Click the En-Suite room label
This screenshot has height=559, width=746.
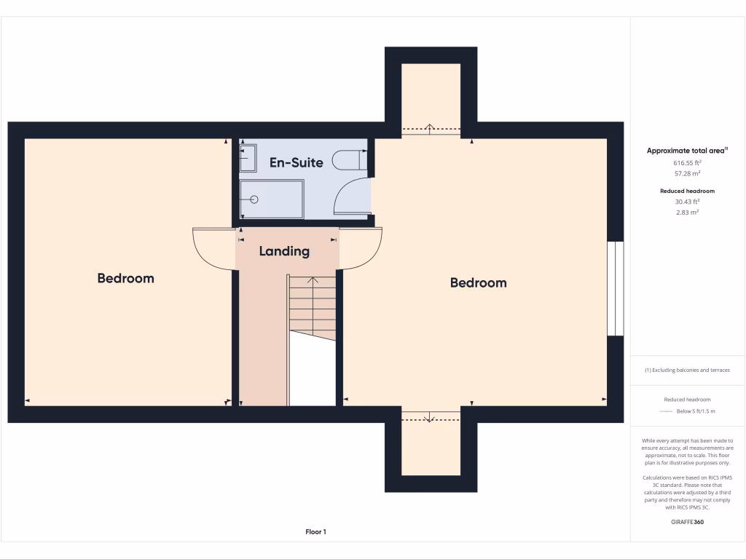coord(296,162)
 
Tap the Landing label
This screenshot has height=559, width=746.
coord(284,251)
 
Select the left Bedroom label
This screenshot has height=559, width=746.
coord(125,278)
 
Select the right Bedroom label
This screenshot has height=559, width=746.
coord(478,282)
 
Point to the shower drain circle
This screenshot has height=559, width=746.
coord(254,199)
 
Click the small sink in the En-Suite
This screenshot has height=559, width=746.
coord(248,156)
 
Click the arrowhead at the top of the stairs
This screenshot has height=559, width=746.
coord(313,279)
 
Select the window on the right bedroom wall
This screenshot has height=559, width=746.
coord(616,288)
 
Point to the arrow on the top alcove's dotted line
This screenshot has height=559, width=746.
coord(430,129)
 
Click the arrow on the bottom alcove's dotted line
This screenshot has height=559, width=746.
coord(430,418)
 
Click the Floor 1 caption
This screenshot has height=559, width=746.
coord(315,532)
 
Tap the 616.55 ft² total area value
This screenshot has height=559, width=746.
coord(687,164)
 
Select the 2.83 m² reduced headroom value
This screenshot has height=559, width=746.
coord(687,212)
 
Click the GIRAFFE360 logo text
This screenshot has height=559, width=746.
coord(687,522)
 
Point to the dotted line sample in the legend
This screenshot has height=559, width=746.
coord(666,411)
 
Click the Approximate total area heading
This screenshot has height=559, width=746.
coord(687,151)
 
